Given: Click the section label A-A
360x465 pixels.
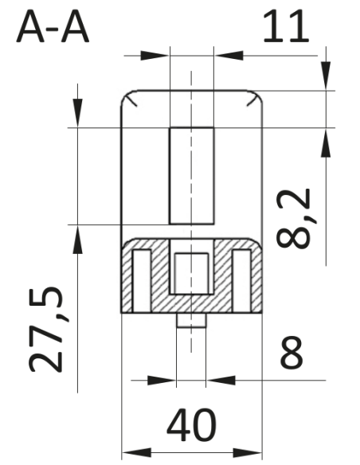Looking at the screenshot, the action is click(53, 27).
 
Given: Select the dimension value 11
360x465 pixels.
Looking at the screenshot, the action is click(286, 25).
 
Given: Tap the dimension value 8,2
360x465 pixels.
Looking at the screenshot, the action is click(294, 218).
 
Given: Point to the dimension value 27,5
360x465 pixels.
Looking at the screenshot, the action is click(46, 329).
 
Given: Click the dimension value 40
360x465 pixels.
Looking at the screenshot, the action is click(192, 425).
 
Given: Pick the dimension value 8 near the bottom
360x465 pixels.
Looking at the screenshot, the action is click(292, 353).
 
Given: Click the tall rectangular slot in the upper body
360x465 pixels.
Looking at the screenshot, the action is click(192, 176).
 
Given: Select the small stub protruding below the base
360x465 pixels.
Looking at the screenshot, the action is click(191, 320).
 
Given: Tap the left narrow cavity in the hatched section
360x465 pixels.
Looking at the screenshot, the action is click(142, 281).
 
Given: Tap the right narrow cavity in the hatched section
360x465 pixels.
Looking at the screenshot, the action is click(241, 281).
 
